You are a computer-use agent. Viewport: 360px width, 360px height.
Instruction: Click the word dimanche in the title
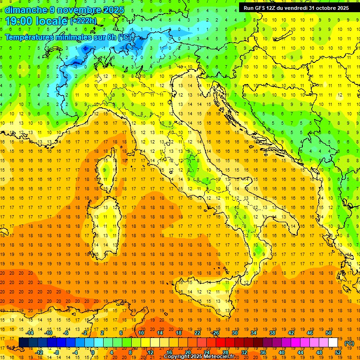pyautogui.click(x=26, y=9)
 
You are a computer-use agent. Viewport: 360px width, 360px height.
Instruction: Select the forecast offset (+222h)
pyautogui.click(x=83, y=21)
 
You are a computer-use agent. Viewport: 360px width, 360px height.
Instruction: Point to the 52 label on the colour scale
pyautogui.click(x=338, y=352)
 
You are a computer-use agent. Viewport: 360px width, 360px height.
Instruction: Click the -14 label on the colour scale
pyautogui.click(x=30, y=333)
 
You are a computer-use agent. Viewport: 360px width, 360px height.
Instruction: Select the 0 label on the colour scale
pyautogui.click(x=93, y=352)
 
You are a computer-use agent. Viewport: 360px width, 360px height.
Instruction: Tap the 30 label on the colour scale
pyautogui.click(x=234, y=333)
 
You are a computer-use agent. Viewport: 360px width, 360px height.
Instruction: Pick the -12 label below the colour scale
pyautogui.click(x=39, y=352)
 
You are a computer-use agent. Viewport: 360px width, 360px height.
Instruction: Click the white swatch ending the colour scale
pyautogui.click(x=333, y=343)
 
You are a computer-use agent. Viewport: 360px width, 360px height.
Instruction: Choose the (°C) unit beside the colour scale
pyautogui.click(x=349, y=343)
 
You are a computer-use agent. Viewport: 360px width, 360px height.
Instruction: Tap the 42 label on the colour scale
pyautogui.click(x=291, y=333)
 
